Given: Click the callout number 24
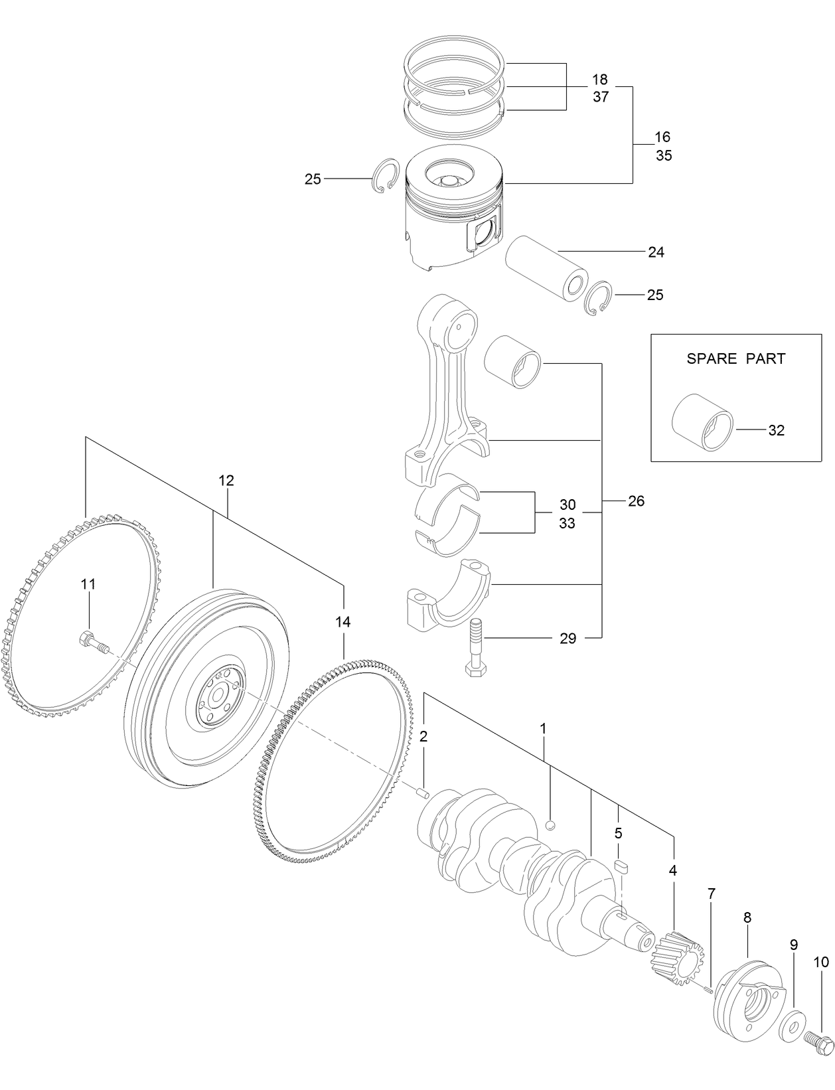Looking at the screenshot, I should [656, 252].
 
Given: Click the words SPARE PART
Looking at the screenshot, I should [735, 358].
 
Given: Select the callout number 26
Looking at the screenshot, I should [636, 501].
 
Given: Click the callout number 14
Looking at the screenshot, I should [342, 622].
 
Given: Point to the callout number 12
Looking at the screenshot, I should [226, 480].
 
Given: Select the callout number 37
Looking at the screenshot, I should [601, 97].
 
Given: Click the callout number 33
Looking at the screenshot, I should [567, 523].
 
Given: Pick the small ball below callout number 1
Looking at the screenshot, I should [550, 824].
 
